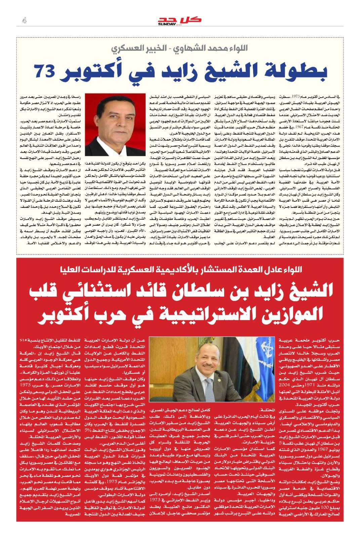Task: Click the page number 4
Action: [24, 21]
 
